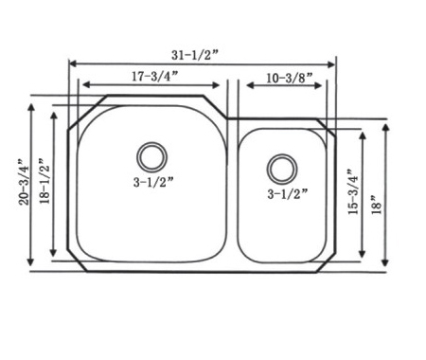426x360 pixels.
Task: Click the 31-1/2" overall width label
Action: (195, 55)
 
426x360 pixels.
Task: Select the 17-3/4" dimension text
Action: (155, 76)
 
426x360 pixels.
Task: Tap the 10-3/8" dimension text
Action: (290, 78)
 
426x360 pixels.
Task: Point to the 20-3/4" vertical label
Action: (25, 183)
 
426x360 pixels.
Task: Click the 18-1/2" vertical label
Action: (44, 180)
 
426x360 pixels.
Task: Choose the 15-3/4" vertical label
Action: (353, 192)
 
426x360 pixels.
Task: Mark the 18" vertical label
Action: (377, 205)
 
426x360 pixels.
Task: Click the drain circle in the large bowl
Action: (151, 157)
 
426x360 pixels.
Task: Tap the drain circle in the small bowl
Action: (282, 169)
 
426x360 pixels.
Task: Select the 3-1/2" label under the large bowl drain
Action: (153, 182)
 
